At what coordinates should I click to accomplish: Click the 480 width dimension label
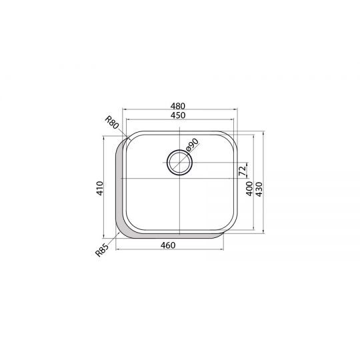coord(178,106)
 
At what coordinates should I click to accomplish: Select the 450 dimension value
coord(178,115)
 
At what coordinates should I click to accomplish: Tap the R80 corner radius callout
coord(112,123)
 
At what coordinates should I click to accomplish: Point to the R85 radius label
coord(101,250)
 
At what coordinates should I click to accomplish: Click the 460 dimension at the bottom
coord(168,245)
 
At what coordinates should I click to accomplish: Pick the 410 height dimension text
coord(99,188)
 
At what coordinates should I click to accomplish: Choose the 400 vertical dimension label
coord(249,189)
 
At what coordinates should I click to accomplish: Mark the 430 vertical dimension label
coord(259,189)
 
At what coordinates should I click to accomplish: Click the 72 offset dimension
coord(243,171)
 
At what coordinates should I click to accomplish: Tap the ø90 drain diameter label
coord(192,145)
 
